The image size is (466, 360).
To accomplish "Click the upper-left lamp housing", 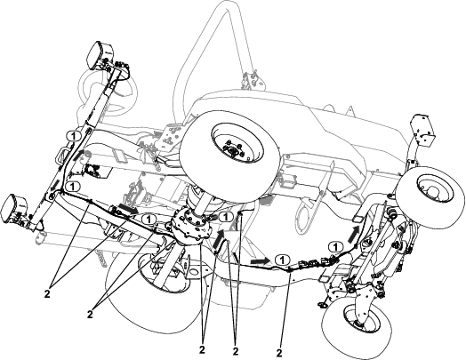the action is point(100,55).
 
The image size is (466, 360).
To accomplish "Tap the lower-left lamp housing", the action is point(14,208).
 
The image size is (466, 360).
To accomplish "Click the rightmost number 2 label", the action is point(279,353).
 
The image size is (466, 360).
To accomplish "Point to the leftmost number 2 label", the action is point(47,293).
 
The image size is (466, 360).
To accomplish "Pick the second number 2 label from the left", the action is point(90,314).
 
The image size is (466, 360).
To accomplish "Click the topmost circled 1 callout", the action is point(74,136).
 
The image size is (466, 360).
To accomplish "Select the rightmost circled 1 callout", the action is point(336,247).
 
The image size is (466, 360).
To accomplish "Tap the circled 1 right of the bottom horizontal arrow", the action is point(282,260).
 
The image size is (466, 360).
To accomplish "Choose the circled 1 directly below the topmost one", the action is point(73,187).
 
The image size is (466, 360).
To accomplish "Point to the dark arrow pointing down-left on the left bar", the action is point(54,186).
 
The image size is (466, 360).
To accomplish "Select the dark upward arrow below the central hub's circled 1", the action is point(219,240).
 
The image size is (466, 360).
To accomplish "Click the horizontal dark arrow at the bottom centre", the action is point(259,261).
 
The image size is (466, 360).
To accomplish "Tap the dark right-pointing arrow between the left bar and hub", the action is point(127,208).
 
